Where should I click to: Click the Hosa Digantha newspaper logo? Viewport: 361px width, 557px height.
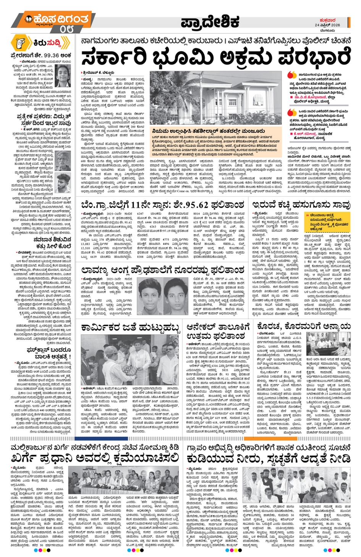click(x=57, y=19)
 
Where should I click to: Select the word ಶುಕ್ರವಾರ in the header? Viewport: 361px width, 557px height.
click(x=327, y=20)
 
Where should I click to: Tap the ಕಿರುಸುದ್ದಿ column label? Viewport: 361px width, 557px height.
click(x=46, y=43)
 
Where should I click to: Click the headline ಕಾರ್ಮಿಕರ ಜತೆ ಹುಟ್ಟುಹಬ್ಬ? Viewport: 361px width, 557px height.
click(x=130, y=328)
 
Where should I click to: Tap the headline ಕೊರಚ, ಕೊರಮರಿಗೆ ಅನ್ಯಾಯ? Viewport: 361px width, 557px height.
click(x=304, y=327)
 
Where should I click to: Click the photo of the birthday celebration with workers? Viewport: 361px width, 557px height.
click(x=130, y=361)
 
